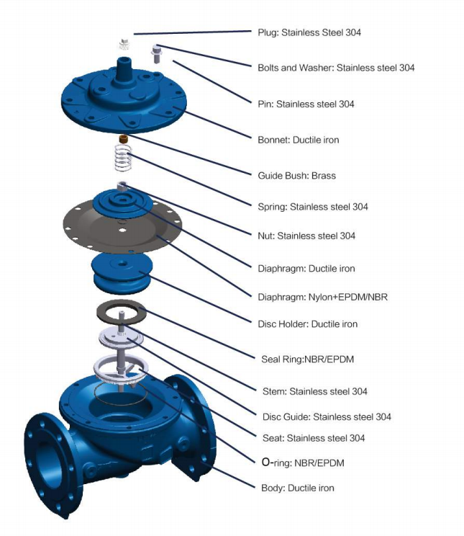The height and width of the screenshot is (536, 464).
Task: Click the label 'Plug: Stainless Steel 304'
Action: tap(309, 32)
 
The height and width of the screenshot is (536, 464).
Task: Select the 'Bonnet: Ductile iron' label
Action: tap(298, 140)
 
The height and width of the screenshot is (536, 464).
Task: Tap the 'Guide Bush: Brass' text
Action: tap(296, 175)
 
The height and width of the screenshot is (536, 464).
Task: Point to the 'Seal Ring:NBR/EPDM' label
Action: tap(307, 359)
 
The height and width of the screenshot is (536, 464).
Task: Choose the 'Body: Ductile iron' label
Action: tap(297, 488)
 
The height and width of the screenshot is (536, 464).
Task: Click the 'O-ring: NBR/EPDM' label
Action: tap(303, 463)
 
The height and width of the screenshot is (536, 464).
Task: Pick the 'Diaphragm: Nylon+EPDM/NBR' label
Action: tap(323, 297)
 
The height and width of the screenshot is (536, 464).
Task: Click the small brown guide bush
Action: tap(123, 139)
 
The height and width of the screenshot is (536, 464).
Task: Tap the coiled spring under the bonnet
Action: tap(122, 158)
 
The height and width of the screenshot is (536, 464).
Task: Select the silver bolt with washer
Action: tap(155, 54)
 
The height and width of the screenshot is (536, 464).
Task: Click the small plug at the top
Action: tap(124, 44)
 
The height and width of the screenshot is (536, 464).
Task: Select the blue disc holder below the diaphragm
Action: tap(122, 273)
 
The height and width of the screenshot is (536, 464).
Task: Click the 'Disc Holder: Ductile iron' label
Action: tap(307, 324)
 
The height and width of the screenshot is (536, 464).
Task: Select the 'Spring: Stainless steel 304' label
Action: tap(313, 207)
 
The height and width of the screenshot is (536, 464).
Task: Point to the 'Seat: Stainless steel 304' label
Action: tap(314, 438)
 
